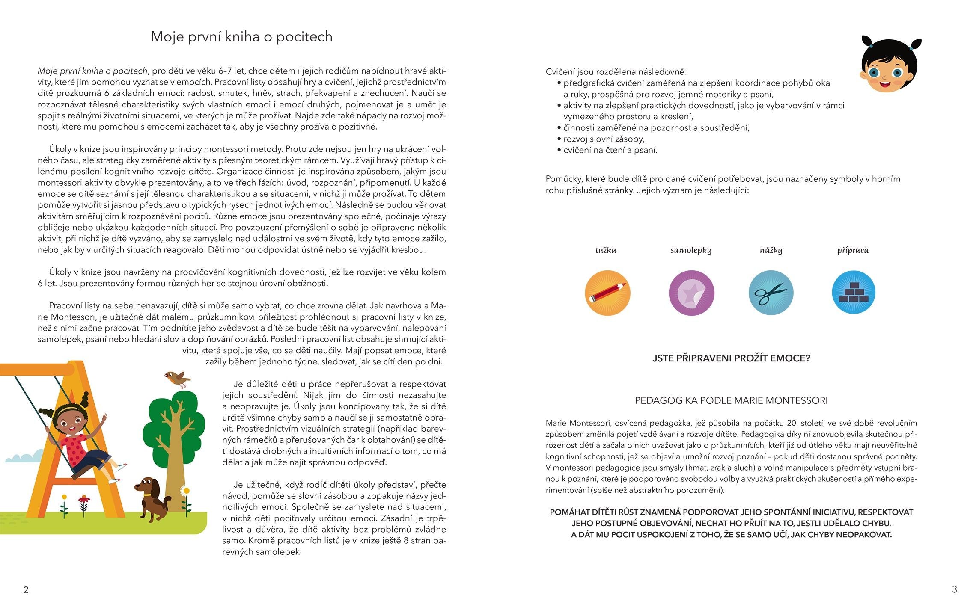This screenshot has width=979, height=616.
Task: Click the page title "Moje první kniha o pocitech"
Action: tap(241, 37)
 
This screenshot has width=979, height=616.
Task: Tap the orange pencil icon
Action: tap(607, 293)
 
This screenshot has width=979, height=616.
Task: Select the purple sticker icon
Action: tap(691, 293)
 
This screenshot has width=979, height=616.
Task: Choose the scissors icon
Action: tap(771, 293)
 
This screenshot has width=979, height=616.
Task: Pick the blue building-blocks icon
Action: tap(853, 293)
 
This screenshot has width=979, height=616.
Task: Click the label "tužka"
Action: tap(606, 250)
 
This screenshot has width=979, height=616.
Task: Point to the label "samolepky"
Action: tap(691, 250)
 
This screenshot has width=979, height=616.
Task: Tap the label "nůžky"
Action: tap(771, 250)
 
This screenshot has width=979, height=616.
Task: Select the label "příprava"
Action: tap(853, 250)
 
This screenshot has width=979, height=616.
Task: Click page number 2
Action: tap(26, 590)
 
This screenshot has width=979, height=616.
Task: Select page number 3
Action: tap(954, 589)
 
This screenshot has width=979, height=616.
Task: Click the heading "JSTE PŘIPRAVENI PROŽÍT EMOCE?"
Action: tap(731, 358)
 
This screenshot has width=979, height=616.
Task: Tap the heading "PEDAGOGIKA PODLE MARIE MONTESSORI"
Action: tap(731, 401)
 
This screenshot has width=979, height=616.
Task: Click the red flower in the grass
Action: tap(84, 500)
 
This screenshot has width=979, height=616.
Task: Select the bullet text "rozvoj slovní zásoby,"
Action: tap(604, 139)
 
